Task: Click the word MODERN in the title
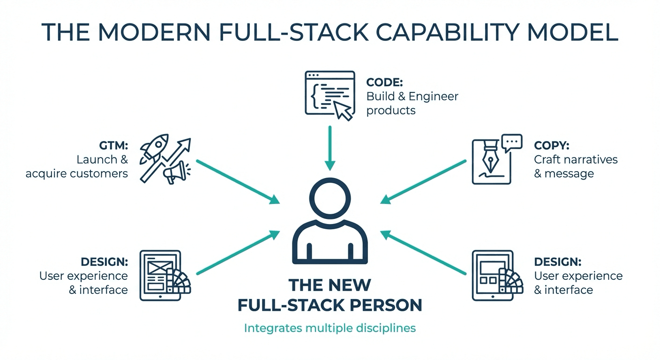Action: (x=154, y=32)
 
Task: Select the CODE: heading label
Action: (x=384, y=82)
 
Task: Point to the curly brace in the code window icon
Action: (x=315, y=96)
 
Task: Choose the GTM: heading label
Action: (x=113, y=145)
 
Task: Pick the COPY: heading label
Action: (x=552, y=145)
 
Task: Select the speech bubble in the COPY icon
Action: (x=512, y=143)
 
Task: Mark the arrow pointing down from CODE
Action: (x=330, y=148)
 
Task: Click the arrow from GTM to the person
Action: (x=238, y=182)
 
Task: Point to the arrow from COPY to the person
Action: (x=423, y=182)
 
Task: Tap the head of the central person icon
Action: (x=330, y=198)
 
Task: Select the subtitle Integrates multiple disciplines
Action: (x=330, y=328)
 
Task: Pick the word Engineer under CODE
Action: (x=434, y=97)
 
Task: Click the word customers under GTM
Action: (x=99, y=173)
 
